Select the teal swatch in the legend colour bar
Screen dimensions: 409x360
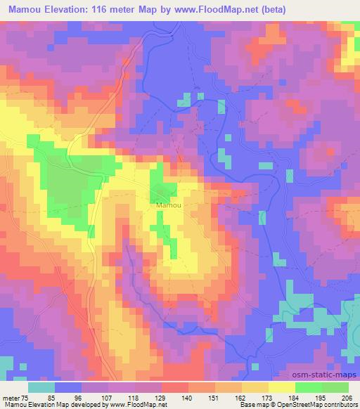(41, 387)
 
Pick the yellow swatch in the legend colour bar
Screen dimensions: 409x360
(281, 387)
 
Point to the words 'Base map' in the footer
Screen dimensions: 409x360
(248, 405)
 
